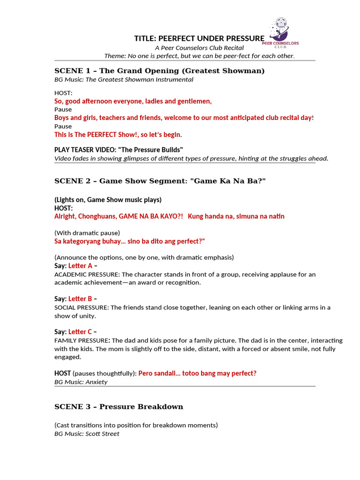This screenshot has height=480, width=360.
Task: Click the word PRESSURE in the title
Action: [x=243, y=38]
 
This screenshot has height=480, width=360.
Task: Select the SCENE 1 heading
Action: [x=159, y=71]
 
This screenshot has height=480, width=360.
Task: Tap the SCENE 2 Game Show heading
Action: [x=160, y=181]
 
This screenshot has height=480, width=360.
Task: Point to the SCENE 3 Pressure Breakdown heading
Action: [x=119, y=406]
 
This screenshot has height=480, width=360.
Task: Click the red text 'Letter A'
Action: [x=80, y=266]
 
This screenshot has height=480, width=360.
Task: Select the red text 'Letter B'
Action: [x=80, y=299]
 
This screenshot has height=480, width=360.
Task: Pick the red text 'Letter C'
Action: [x=80, y=332]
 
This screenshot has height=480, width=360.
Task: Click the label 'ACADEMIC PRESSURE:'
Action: [x=87, y=274]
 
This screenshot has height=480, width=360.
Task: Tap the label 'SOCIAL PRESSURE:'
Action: [x=82, y=307]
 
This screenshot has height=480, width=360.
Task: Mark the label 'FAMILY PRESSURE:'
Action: [x=82, y=340]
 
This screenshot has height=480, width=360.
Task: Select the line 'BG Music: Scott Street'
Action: [x=87, y=434]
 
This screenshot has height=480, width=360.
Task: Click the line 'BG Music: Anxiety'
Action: [x=81, y=382]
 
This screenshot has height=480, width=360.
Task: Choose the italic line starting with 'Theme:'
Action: [x=199, y=56]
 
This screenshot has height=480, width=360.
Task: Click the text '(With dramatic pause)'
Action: [x=87, y=232]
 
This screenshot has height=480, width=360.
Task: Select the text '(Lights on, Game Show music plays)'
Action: [x=108, y=200]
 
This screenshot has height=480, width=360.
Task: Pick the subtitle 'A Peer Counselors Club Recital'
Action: [x=199, y=48]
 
